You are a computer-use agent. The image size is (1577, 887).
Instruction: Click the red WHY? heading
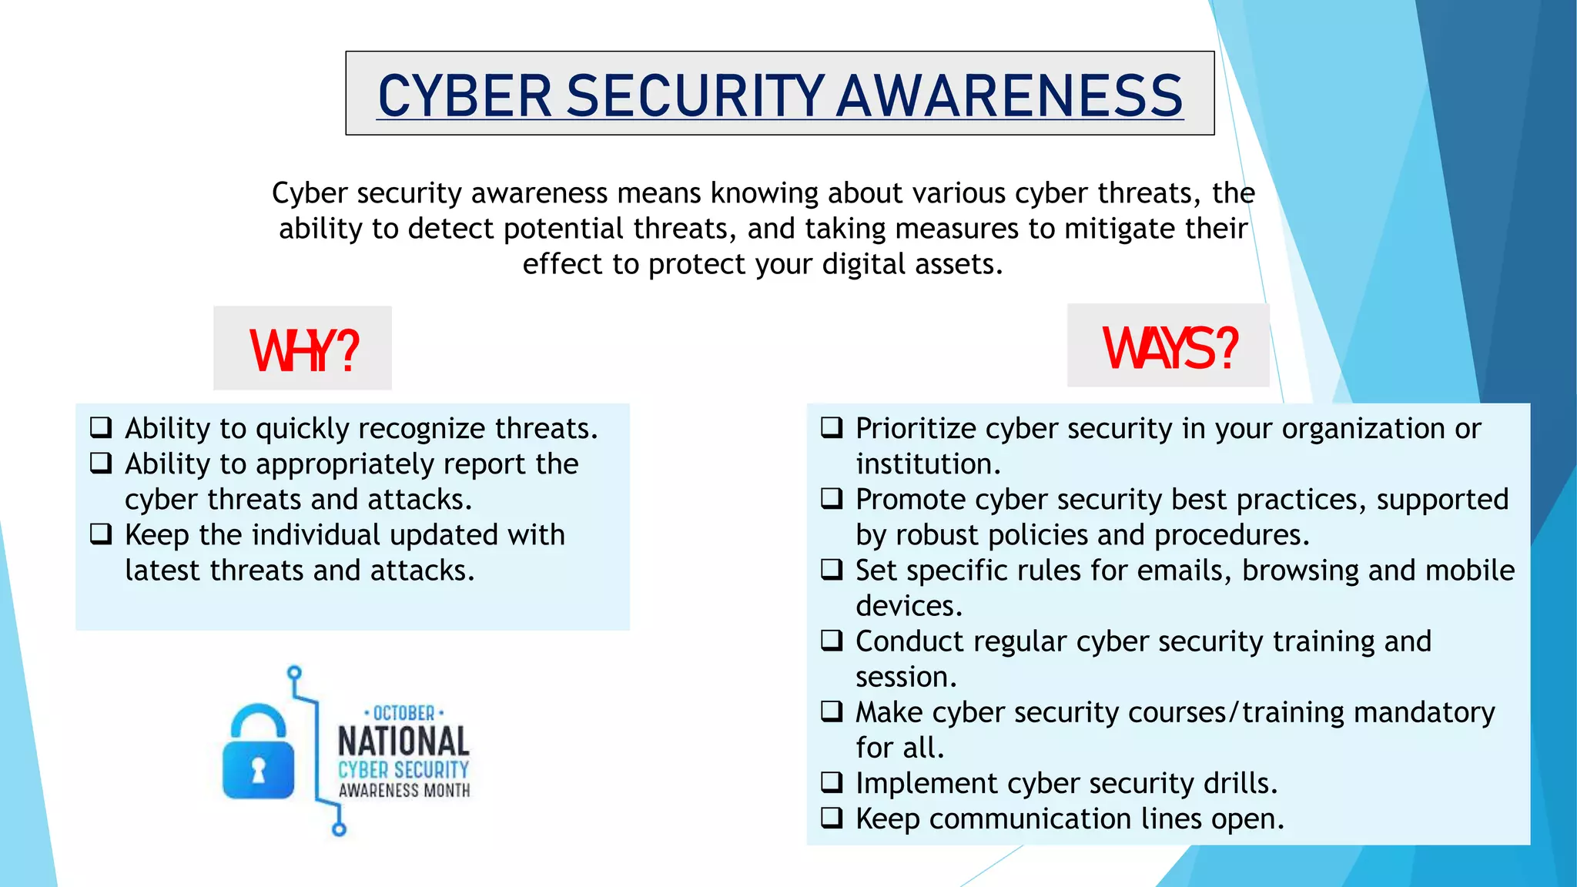coord(304,350)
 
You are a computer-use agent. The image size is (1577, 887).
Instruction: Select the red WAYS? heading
coord(1170,348)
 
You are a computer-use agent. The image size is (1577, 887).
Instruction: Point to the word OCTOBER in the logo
coord(403,713)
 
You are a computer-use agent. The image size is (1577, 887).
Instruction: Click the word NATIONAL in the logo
coord(403,741)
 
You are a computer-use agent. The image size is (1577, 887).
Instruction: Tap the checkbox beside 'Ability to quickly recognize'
coord(101,427)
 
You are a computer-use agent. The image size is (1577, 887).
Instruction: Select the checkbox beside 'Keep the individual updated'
coord(101,534)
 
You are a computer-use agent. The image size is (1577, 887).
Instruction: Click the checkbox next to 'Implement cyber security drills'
coord(832,782)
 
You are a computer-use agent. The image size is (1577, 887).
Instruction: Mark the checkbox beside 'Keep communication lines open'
coord(832,818)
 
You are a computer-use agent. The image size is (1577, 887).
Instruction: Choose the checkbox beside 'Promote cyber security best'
coord(832,498)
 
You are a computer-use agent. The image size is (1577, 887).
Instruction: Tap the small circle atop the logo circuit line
coord(294,673)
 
